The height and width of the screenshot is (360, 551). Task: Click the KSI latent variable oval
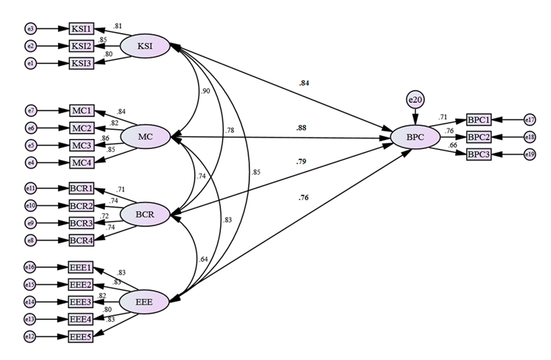pos(145,47)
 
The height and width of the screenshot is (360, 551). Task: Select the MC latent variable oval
pos(145,137)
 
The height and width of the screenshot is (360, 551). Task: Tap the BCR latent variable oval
pos(145,215)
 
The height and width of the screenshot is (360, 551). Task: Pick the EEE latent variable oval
pos(144,302)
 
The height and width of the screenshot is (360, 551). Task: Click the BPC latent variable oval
pos(415,138)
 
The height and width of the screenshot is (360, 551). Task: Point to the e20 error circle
pos(415,101)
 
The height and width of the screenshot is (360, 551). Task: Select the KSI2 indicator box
pos(81,46)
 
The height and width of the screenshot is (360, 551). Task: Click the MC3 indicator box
pos(81,145)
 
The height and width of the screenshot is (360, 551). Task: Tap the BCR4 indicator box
pos(81,240)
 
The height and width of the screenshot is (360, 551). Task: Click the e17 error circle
pos(530,120)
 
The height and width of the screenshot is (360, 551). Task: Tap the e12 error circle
pos(31,337)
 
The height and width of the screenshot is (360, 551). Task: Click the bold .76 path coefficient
pos(304,198)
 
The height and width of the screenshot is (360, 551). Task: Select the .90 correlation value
pos(206,91)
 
